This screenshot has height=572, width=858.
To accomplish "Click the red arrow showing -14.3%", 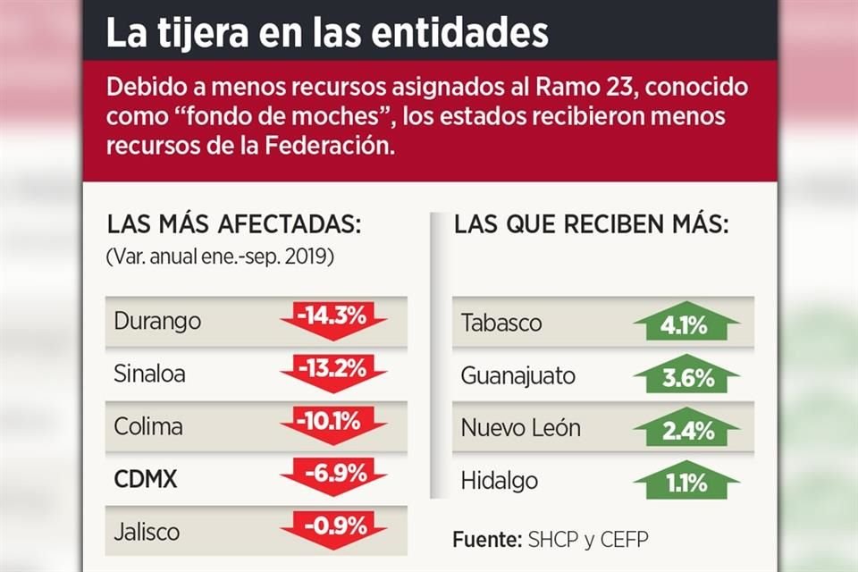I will (x=332, y=320).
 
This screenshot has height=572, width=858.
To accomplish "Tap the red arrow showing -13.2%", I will (x=332, y=371).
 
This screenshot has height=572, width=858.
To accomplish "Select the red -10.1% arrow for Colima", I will (x=332, y=423).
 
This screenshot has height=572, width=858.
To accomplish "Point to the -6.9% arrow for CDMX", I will (x=332, y=475).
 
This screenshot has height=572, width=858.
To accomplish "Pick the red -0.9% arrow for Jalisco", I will (x=332, y=526).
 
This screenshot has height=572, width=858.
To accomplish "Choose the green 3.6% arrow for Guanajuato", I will (x=686, y=376).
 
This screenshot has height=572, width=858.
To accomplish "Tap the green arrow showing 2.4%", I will (x=686, y=428).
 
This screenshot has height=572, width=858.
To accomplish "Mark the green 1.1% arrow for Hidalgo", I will (x=686, y=481).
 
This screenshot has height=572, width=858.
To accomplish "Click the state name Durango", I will (x=158, y=321).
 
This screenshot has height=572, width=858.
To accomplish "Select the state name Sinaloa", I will (x=150, y=373).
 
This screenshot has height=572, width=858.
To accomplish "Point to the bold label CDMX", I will (x=146, y=479).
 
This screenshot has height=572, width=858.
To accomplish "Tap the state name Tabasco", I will (x=501, y=323).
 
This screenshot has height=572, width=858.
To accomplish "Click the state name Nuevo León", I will (x=520, y=428).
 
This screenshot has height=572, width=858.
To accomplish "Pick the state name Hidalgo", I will (x=500, y=481).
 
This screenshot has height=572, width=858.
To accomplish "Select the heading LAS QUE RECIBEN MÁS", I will (x=592, y=224).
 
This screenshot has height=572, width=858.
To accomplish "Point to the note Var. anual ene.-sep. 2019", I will (x=220, y=257).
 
